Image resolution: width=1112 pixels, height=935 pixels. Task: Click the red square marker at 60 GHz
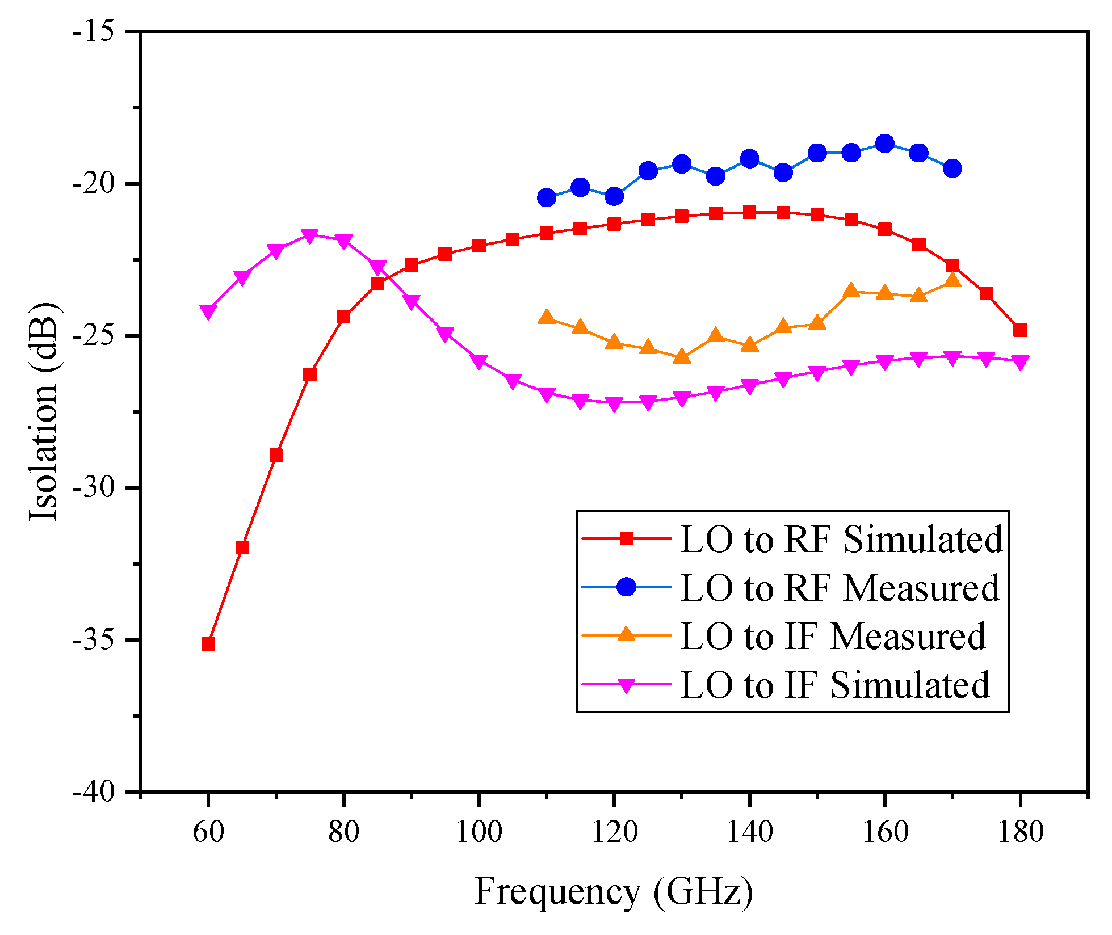pos(208,644)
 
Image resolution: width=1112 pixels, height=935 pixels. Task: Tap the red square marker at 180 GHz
pos(1020,330)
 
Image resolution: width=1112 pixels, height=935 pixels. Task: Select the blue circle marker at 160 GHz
pos(884,144)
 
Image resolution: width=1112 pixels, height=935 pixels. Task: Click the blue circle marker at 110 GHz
pos(546,197)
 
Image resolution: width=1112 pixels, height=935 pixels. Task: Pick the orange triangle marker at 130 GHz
pos(682,357)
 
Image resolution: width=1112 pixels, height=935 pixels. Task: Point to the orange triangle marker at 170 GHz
pos(952,280)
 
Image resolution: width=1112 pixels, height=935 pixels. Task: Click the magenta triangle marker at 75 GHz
pos(309,235)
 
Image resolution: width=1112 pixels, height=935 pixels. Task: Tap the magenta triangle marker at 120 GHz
pos(614,405)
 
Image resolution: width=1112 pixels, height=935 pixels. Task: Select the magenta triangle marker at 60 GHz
pos(208,312)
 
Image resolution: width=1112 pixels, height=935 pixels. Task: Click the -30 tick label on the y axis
pos(94,488)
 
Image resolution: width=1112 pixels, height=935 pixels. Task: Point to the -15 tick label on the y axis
pos(94,32)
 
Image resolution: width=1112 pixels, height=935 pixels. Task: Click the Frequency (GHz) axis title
pos(614,891)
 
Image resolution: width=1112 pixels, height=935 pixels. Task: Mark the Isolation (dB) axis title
pos(44,411)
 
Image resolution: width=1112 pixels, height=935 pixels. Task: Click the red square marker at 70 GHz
pos(276,455)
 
